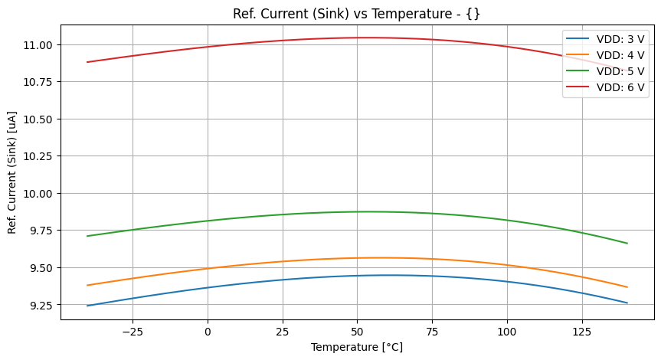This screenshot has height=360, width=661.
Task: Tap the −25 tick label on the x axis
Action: [x=132, y=332]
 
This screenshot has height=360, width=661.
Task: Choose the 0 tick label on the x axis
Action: [x=208, y=332]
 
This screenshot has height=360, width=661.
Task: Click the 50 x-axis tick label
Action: [x=357, y=332]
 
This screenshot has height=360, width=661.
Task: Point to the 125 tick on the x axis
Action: [x=582, y=332]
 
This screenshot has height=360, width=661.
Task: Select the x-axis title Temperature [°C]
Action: [x=357, y=347]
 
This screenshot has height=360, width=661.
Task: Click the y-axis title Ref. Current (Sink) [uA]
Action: [x=13, y=172]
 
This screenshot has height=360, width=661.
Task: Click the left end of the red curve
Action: [x=87, y=62]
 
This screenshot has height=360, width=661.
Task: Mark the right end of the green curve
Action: [x=627, y=244]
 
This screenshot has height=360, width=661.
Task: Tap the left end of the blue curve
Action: [x=87, y=306]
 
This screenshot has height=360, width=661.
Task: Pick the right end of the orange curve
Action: [x=627, y=287]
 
